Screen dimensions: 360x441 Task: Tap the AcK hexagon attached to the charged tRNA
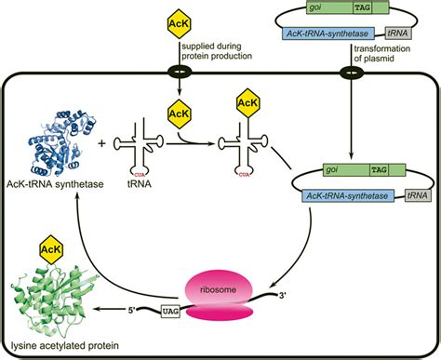(x=247, y=101)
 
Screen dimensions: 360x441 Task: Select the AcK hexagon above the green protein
(x=47, y=248)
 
